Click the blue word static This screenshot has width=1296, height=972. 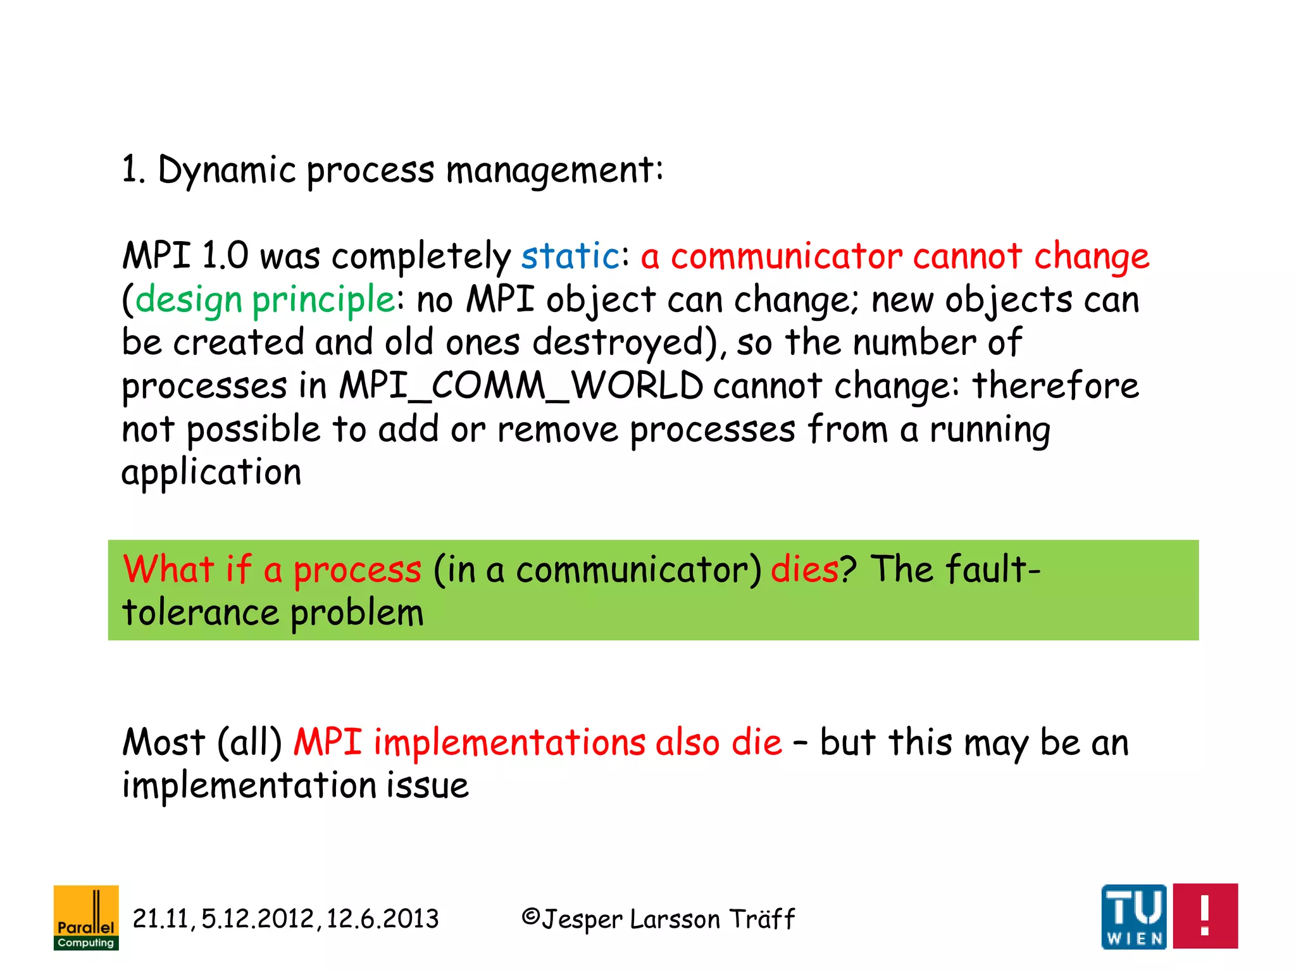point(570,256)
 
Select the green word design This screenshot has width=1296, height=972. point(189,300)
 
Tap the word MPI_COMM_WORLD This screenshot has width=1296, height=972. point(521,385)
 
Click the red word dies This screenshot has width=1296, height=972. point(804,568)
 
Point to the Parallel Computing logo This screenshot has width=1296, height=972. point(86,917)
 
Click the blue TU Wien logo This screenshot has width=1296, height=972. point(1134,916)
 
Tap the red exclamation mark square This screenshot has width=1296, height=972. point(1205,916)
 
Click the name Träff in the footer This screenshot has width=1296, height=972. point(762,919)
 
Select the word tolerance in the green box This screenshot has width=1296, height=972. point(200,613)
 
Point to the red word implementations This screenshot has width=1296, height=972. point(509,742)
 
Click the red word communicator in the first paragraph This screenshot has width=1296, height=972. point(786,256)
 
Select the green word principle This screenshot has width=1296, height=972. point(323,300)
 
